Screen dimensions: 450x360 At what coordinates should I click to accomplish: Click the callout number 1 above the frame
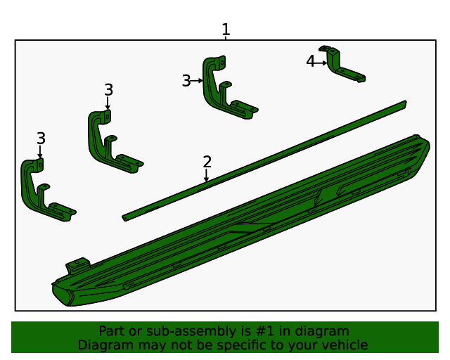[x=226, y=30]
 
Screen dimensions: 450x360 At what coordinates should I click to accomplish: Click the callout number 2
[x=207, y=162]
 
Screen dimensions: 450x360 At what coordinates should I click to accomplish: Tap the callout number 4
[x=310, y=61]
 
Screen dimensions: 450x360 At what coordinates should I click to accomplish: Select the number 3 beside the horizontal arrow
[x=186, y=81]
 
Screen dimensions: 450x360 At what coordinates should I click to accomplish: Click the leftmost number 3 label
[x=41, y=139]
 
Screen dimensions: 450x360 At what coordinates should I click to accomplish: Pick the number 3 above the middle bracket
[x=108, y=90]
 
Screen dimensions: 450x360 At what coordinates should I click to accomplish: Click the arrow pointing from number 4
[x=321, y=63]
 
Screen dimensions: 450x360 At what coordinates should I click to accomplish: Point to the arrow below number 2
[x=206, y=175]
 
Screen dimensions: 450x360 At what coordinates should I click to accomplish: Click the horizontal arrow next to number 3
[x=197, y=81]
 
